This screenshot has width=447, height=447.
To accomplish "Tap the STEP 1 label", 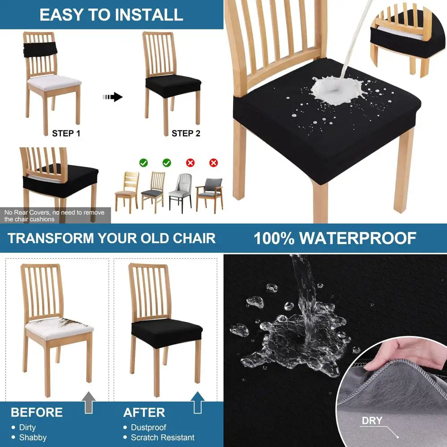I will (66, 133).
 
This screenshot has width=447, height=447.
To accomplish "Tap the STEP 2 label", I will (186, 133).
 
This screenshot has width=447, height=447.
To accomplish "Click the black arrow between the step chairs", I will (113, 97).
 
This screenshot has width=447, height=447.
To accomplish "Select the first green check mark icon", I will (143, 163).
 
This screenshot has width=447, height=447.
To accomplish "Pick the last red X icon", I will (214, 163).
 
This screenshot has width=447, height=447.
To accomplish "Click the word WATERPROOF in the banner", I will (358, 238).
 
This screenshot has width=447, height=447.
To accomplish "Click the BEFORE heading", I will (37, 412).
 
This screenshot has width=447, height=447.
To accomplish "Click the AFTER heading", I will (144, 412).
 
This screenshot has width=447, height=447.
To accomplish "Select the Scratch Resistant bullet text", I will (162, 438).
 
